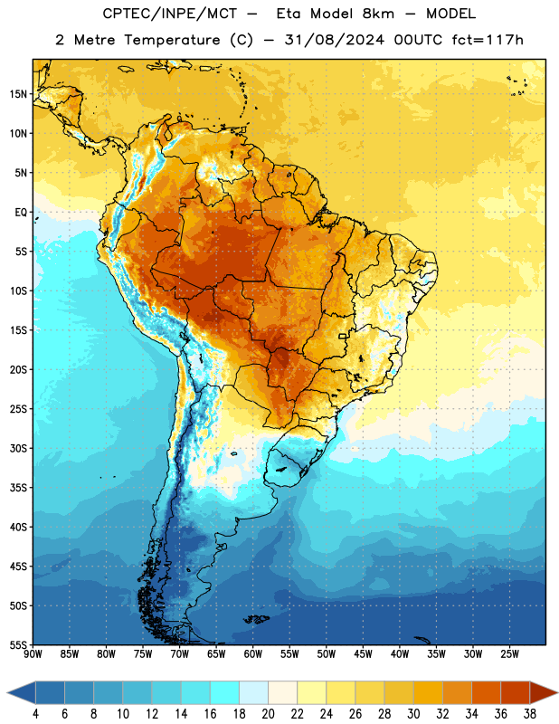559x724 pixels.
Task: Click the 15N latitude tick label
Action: click(18, 94)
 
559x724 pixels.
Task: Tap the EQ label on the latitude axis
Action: click(21, 213)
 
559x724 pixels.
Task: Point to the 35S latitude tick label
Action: click(18, 488)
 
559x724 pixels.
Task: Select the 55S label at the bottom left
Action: click(18, 644)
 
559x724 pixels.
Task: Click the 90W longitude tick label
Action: click(33, 654)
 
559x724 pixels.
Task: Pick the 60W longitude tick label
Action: click(253, 654)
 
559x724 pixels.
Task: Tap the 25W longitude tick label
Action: click(509, 654)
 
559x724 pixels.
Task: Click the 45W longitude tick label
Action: click(363, 654)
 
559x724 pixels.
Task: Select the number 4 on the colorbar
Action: click(35, 714)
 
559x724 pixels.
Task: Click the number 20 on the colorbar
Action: click(268, 714)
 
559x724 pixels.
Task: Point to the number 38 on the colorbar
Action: click(530, 714)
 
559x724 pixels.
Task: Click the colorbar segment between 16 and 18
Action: click(225, 693)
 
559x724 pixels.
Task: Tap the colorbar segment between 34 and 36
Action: click(486, 693)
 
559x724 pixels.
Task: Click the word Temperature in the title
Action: click(172, 40)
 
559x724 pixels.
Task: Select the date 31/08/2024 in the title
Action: click(334, 40)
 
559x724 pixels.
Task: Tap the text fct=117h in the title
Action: click(488, 40)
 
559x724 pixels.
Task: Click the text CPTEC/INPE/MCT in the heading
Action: click(170, 14)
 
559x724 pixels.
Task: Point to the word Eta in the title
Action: click(289, 14)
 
